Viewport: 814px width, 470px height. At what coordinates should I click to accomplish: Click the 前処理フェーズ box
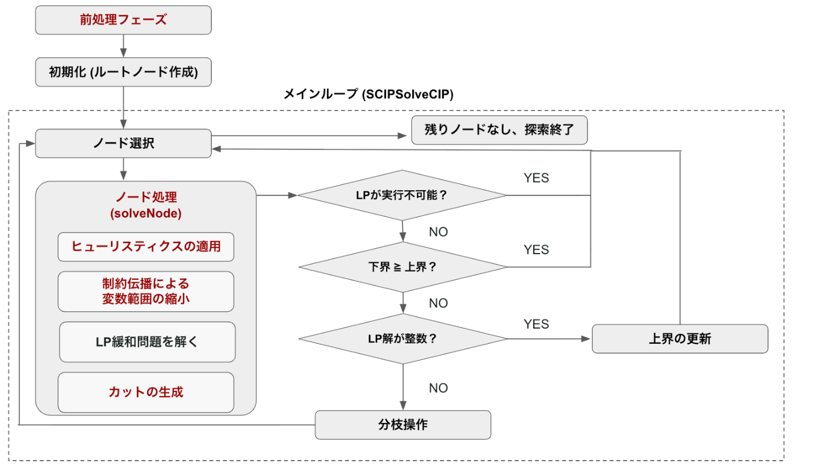(123, 20)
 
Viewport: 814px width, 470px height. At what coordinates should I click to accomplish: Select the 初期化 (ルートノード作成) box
(123, 72)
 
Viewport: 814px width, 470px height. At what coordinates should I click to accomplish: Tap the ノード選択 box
(123, 144)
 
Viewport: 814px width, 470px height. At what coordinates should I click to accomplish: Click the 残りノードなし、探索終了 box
(499, 130)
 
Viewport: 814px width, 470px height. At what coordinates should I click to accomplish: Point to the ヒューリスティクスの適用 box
(146, 247)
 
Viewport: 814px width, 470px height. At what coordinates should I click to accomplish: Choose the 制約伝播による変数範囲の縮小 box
(146, 291)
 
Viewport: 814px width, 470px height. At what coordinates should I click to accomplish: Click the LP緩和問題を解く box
(147, 342)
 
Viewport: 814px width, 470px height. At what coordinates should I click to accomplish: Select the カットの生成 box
(146, 392)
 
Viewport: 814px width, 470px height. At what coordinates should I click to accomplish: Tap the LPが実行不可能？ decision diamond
(402, 195)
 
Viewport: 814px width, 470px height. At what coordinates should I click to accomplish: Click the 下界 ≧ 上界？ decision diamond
(402, 267)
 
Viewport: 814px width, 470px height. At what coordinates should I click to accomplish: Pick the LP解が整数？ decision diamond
(402, 339)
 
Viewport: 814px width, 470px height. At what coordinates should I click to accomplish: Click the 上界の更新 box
(680, 339)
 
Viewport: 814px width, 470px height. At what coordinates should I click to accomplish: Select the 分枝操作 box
(403, 425)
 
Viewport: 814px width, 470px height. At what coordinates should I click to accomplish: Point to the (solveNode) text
(146, 213)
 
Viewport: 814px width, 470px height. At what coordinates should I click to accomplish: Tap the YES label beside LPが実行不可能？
(536, 178)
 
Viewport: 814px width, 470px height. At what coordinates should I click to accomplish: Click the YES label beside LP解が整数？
(536, 323)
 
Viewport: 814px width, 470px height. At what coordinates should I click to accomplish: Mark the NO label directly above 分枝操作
(438, 388)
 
